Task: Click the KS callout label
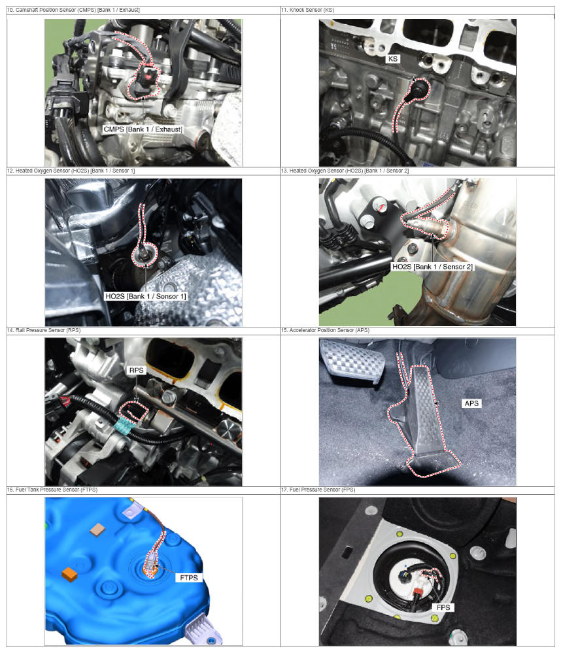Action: coord(393,59)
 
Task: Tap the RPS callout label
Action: coord(136,370)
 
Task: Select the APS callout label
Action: coord(471,403)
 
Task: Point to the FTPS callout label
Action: coord(189,578)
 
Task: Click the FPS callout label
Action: coord(443,607)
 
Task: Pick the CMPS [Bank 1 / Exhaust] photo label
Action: coord(143,129)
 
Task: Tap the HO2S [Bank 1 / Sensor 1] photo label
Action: coord(146,296)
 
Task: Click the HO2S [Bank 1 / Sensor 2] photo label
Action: coord(432,267)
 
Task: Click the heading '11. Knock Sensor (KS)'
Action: coord(308,10)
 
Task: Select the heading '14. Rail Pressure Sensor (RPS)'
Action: coord(44,330)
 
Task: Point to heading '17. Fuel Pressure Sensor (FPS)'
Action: coord(318,490)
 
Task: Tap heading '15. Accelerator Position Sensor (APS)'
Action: coord(325,330)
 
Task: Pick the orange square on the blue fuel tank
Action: coord(69,574)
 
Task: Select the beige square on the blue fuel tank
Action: coord(97,529)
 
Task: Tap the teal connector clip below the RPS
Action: coord(123,427)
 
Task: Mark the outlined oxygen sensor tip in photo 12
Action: coord(144,255)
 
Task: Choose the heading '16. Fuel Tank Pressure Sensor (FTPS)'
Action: coord(52,490)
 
